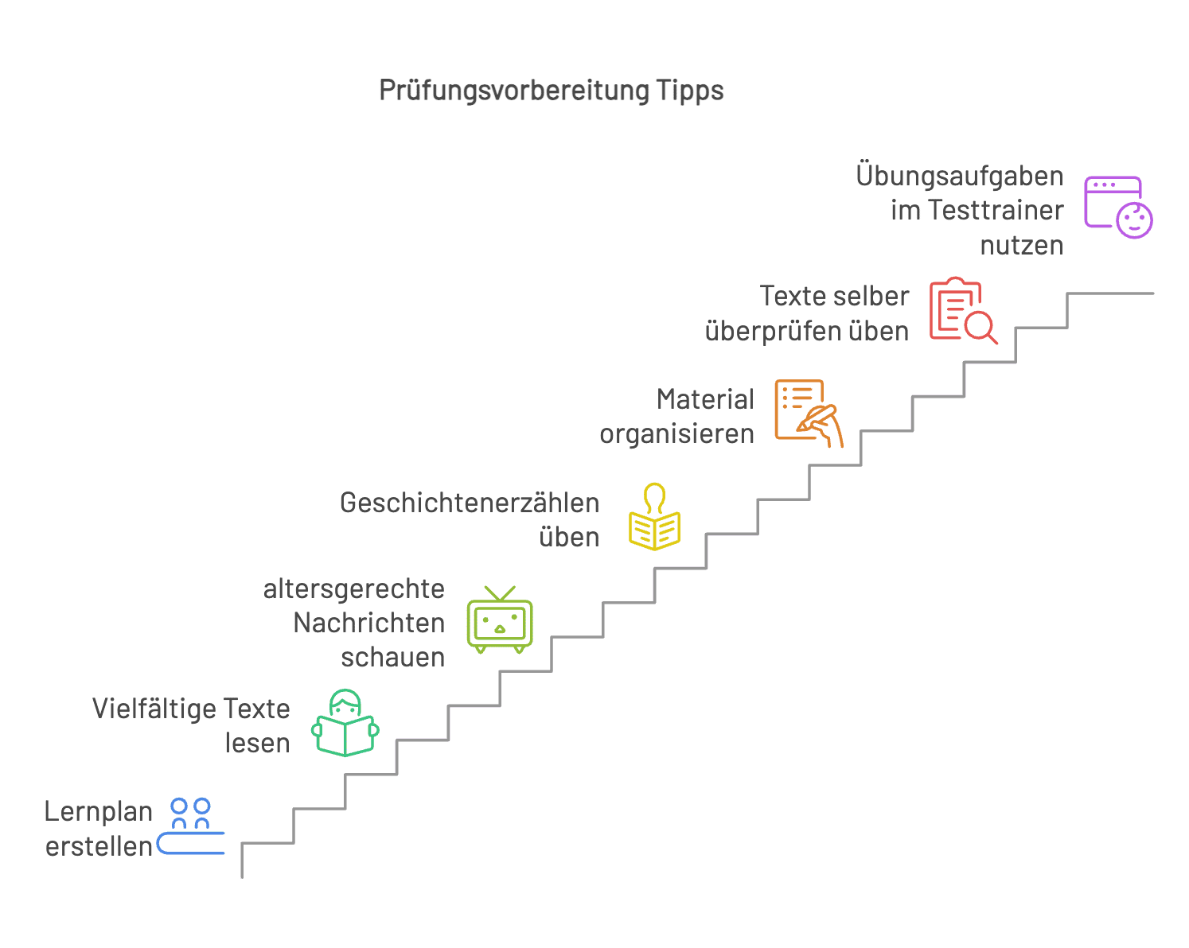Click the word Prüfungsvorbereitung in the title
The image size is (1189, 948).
coord(514,91)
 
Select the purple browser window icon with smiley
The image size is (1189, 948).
coord(1117,207)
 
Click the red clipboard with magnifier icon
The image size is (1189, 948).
coord(963,310)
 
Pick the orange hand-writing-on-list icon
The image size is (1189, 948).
coord(809,413)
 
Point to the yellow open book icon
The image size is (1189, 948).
coord(654,517)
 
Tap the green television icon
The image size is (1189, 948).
coord(500,620)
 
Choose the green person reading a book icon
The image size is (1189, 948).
coord(345,723)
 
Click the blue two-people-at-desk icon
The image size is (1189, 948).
coord(191,826)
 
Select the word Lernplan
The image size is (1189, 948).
coord(99,812)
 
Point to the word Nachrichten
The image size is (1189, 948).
coord(369,623)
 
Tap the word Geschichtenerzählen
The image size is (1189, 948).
coord(470,503)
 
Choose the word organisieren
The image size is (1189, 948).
coord(676,434)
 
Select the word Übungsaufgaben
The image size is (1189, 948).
coord(960,176)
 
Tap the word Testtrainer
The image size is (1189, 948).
coord(996,210)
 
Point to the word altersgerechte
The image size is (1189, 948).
coord(353,589)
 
